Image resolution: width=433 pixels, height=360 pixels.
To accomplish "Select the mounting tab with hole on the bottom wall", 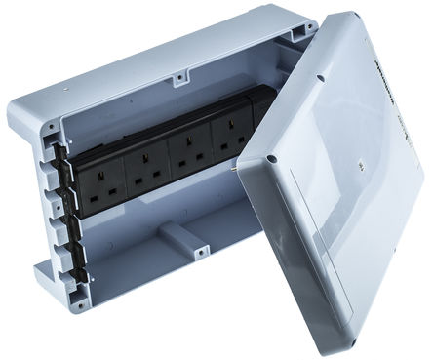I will click(x=199, y=254).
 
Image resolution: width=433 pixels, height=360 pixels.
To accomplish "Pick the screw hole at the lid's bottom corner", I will click(x=373, y=330).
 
